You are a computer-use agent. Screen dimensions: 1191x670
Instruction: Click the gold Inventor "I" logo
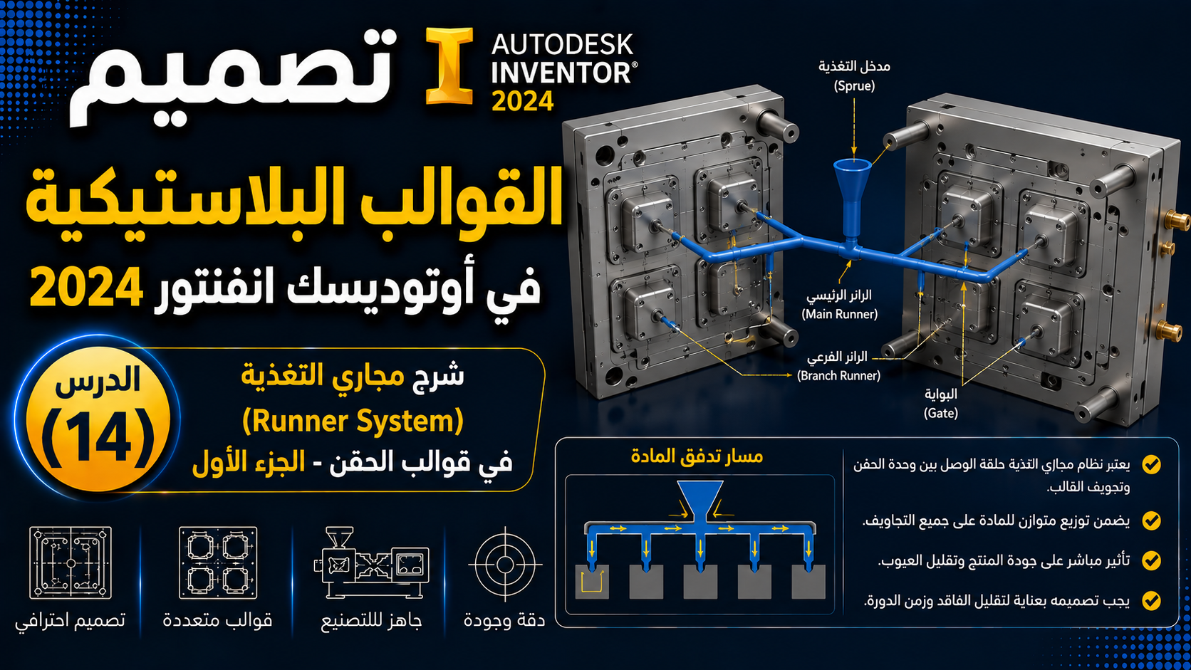pos(449,66)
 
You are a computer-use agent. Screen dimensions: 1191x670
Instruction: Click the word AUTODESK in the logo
pos(563,45)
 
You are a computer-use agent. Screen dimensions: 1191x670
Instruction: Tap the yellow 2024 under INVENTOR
pos(523,101)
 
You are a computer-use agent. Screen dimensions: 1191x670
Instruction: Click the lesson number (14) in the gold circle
pos(98,439)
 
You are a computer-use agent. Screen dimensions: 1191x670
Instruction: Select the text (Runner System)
pos(353,421)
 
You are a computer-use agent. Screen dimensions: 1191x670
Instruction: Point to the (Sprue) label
pos(854,85)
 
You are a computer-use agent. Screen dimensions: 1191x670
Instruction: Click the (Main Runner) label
pos(840,314)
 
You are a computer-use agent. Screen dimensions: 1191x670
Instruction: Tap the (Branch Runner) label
pos(838,376)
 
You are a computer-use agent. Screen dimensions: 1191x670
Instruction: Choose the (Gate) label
pos(940,413)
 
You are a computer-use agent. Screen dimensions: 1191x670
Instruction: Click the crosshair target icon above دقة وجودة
pos(505,564)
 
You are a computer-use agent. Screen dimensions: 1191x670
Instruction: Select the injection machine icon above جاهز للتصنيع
pos(372,563)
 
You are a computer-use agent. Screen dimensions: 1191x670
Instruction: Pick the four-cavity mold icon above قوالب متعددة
pos(218,562)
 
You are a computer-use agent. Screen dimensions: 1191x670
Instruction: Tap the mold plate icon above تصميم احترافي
pos(71,562)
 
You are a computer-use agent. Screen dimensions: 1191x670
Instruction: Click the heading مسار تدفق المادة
pos(697,456)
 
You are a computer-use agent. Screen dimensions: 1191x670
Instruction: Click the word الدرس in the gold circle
pos(98,380)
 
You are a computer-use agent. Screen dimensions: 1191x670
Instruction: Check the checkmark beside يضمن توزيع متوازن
pos(1152,520)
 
